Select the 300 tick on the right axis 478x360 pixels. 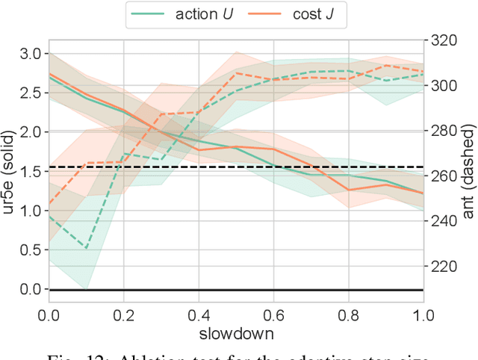click(x=441, y=85)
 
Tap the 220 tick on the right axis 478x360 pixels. click(x=441, y=267)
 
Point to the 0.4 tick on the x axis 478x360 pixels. click(x=198, y=311)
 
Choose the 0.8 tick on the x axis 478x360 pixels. click(x=348, y=311)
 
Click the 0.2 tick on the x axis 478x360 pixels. click(x=123, y=311)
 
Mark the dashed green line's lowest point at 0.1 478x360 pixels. click(x=86, y=248)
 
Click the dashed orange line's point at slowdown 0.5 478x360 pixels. click(x=236, y=73)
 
